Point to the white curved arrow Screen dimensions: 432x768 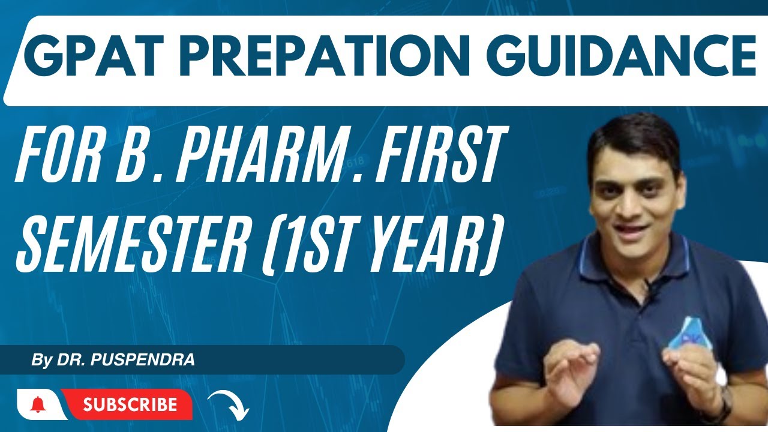point(228,404)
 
